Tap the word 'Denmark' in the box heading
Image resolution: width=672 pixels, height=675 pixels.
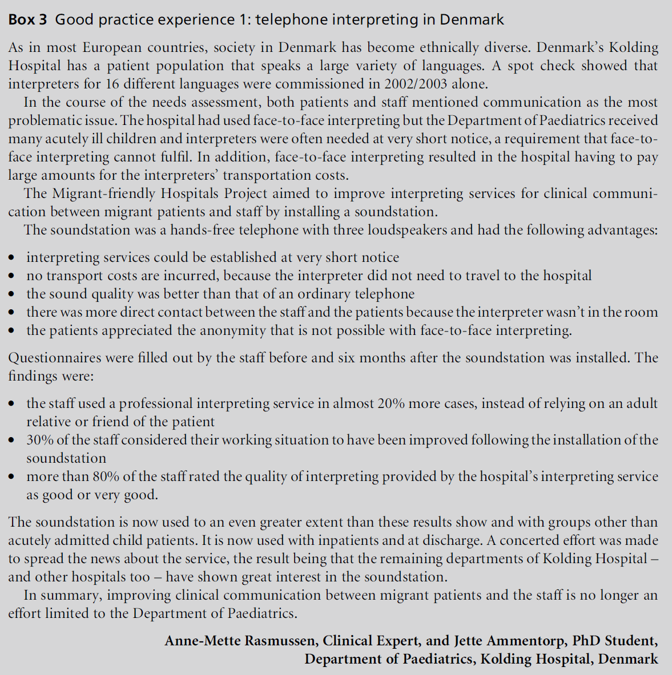pos(472,20)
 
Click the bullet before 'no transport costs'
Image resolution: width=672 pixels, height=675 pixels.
pos(12,276)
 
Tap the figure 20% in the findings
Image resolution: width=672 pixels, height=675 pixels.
pos(391,403)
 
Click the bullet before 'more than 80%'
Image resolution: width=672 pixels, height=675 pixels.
pos(12,477)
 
